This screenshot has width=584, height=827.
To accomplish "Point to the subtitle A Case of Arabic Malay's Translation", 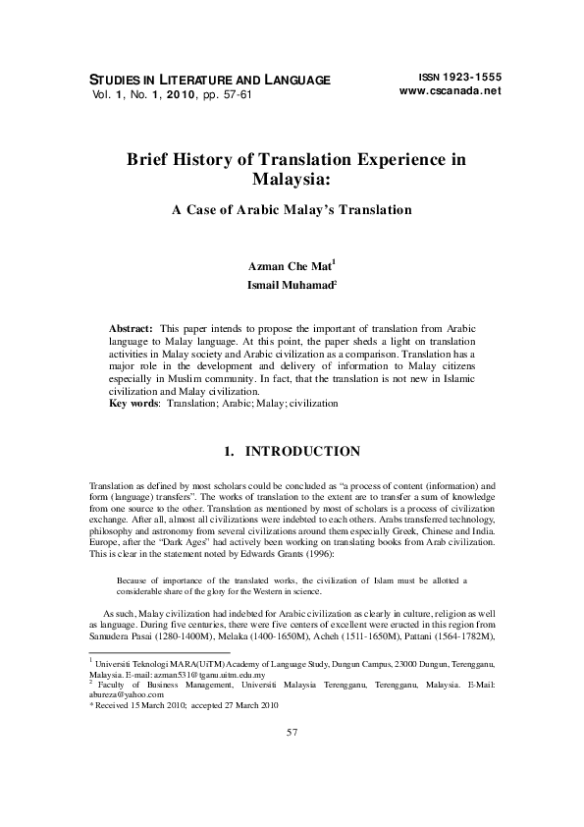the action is click(292, 209).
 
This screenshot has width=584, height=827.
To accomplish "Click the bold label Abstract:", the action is click(131, 325).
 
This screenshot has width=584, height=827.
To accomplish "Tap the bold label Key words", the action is click(134, 403).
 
